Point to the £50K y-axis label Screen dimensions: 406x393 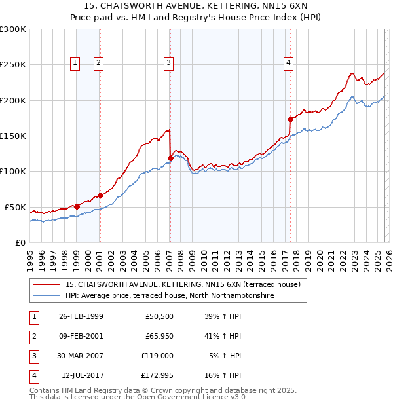(15, 207)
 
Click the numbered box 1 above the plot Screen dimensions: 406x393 (75, 63)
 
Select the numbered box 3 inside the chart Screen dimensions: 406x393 (168, 63)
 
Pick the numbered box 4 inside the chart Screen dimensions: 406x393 (288, 63)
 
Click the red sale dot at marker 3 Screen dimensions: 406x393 (170, 158)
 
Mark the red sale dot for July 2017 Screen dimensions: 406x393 (290, 119)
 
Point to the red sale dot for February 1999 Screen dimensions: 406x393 (77, 206)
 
